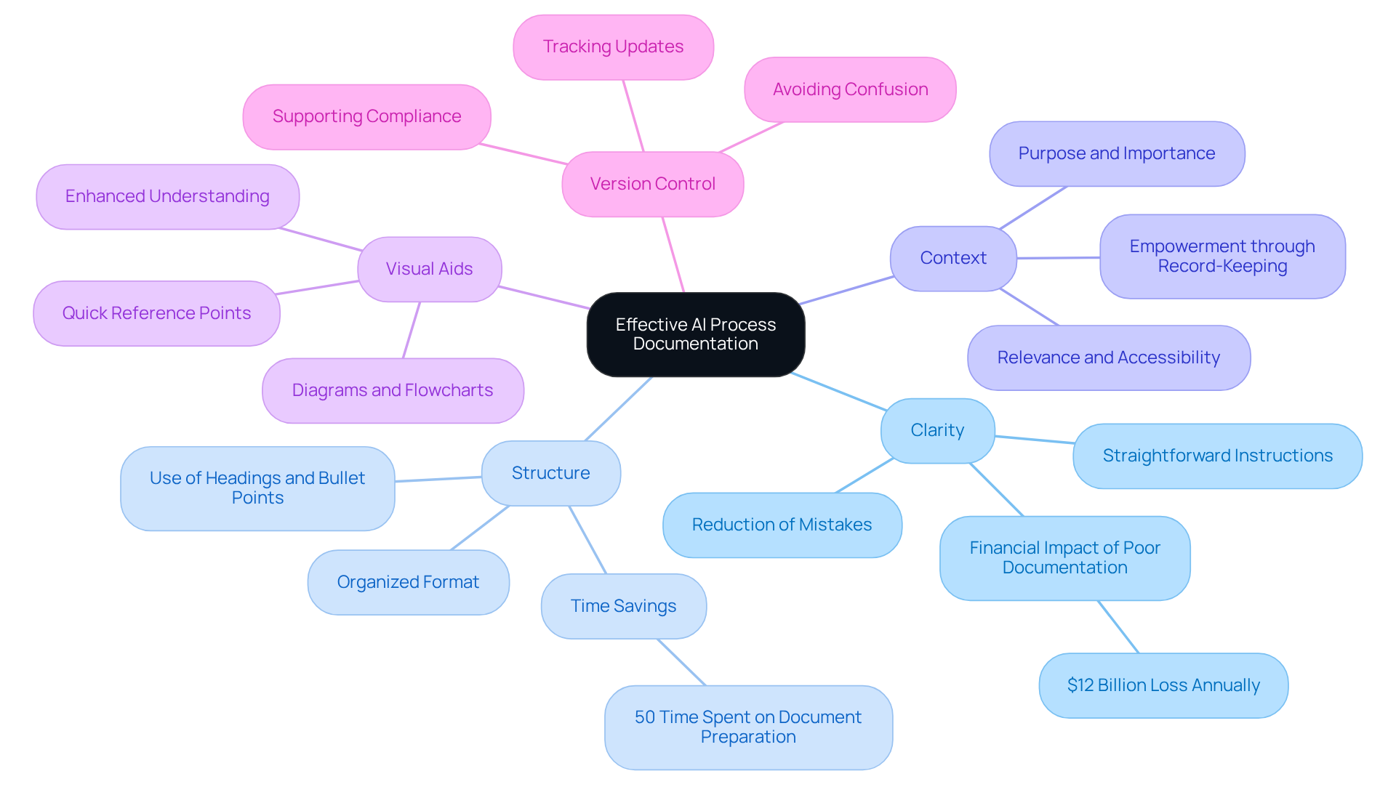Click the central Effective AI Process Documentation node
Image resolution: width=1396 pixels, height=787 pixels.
(x=695, y=334)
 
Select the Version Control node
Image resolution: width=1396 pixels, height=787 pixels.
(x=652, y=184)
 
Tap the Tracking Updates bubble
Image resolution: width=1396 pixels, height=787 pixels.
(x=613, y=47)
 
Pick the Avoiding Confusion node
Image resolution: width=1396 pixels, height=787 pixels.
(x=850, y=89)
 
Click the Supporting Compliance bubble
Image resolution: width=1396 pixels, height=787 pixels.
(x=366, y=117)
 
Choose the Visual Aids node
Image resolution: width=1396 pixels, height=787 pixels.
(x=429, y=269)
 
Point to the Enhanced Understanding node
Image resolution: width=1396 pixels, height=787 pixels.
(x=167, y=196)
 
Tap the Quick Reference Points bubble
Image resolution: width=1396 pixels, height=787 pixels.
(x=156, y=313)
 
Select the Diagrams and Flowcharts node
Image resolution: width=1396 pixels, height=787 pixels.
(x=393, y=390)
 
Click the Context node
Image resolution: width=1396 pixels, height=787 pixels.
(x=952, y=258)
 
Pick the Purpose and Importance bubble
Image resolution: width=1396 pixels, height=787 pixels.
(x=1116, y=153)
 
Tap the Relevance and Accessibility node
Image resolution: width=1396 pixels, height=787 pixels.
(x=1108, y=358)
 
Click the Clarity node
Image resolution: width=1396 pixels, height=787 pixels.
(x=937, y=430)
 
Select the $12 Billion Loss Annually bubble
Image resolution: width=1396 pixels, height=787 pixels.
(x=1163, y=685)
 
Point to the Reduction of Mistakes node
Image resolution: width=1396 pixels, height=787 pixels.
(x=782, y=525)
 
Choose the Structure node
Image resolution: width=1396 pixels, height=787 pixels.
(x=550, y=473)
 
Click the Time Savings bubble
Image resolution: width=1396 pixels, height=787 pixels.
(x=623, y=606)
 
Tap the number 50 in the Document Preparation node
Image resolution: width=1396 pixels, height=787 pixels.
(x=644, y=717)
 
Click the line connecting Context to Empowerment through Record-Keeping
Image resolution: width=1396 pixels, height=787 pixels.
(x=1058, y=258)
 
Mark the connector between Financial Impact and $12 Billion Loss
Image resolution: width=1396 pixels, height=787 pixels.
(x=1118, y=626)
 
